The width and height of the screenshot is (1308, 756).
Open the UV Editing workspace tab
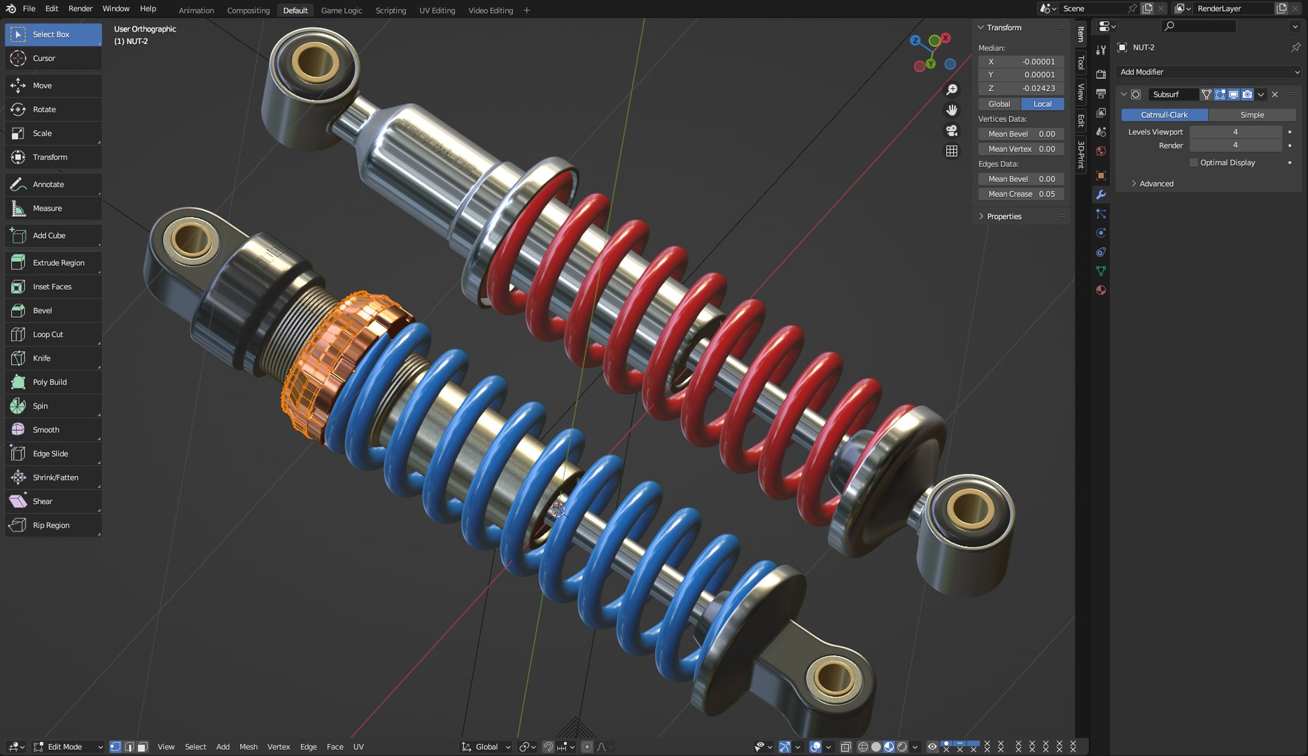coord(437,10)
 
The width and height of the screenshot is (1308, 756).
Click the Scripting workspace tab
coord(391,10)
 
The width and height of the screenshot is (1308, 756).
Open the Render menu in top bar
coord(80,8)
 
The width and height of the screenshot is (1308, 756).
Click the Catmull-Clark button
coord(1164,115)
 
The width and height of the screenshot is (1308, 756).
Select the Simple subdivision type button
coord(1251,115)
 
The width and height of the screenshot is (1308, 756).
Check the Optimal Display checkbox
coord(1194,162)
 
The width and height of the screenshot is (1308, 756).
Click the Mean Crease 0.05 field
coord(1020,194)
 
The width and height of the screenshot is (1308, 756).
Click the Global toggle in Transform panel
coord(999,104)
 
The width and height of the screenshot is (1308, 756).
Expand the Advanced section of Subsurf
coord(1155,183)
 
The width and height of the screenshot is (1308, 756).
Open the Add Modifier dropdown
coord(1209,72)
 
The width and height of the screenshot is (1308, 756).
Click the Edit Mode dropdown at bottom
coord(69,747)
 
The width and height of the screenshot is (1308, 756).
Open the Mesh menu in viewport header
coord(248,747)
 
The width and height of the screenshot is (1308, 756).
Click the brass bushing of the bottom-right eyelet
coord(833,678)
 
